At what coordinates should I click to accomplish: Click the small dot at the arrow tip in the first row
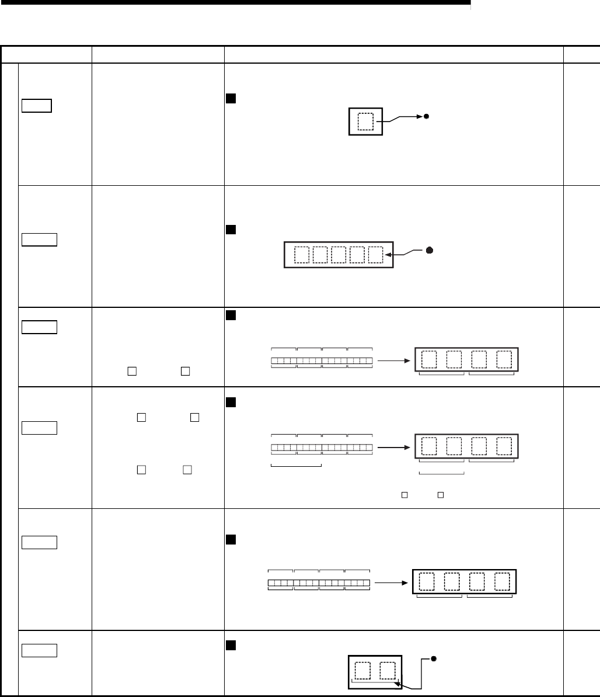[427, 117]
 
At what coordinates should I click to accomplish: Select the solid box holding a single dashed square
[365, 122]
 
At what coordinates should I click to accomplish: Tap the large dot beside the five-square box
[429, 250]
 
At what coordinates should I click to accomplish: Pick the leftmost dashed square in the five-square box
[302, 255]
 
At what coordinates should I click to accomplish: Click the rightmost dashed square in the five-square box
[376, 255]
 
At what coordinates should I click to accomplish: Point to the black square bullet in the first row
[230, 97]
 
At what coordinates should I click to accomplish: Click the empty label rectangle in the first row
[37, 106]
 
